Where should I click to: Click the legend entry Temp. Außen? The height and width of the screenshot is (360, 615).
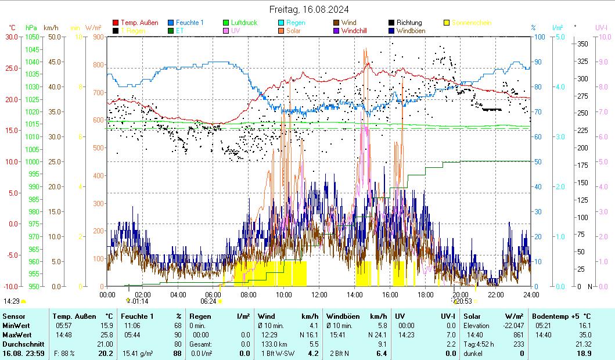pos(139,23)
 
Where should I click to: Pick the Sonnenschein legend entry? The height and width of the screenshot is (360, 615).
pos(471,23)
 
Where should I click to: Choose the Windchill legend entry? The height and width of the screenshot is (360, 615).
pos(354,31)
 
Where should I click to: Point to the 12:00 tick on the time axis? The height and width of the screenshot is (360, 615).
pos(319,294)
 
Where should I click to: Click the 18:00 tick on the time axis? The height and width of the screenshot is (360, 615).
pos(425,294)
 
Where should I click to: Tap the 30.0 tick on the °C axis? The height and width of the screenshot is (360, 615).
pos(12,37)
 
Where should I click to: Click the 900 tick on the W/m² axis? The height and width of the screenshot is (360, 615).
pos(98,37)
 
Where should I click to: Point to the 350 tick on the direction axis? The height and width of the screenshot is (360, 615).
pos(582,44)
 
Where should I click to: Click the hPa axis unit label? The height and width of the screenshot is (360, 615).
pos(31,27)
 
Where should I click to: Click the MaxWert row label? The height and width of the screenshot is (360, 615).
pos(16,334)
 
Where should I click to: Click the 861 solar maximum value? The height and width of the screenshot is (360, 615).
pos(518,334)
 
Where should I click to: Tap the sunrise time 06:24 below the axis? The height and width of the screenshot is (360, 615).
pos(208,301)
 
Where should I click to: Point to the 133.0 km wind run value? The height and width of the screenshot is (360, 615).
pos(277,344)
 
